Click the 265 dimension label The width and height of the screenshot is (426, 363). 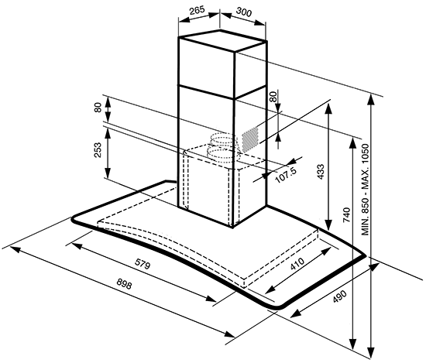click(197, 10)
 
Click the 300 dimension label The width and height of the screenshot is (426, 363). click(244, 12)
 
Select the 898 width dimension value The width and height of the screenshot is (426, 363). click(124, 284)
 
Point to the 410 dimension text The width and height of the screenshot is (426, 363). click(297, 264)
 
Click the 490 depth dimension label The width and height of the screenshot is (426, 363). click(339, 296)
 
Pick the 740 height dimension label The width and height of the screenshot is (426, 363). click(346, 215)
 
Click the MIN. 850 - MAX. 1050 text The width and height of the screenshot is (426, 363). click(365, 190)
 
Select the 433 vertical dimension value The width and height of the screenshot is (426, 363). click(321, 172)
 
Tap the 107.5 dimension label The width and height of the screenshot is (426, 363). click(286, 175)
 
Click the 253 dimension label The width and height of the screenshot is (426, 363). click(98, 150)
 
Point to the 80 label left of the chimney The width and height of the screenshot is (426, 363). click(98, 108)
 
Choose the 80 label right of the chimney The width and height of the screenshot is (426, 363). click(273, 97)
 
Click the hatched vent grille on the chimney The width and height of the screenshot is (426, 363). click(250, 139)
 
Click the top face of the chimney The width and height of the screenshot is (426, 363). click(222, 41)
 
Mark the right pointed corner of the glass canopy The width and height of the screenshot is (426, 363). click(365, 256)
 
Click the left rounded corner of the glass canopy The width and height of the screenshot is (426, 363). click(74, 219)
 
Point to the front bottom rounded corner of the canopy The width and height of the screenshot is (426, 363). click(277, 306)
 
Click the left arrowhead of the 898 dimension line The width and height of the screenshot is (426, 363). click(14, 249)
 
